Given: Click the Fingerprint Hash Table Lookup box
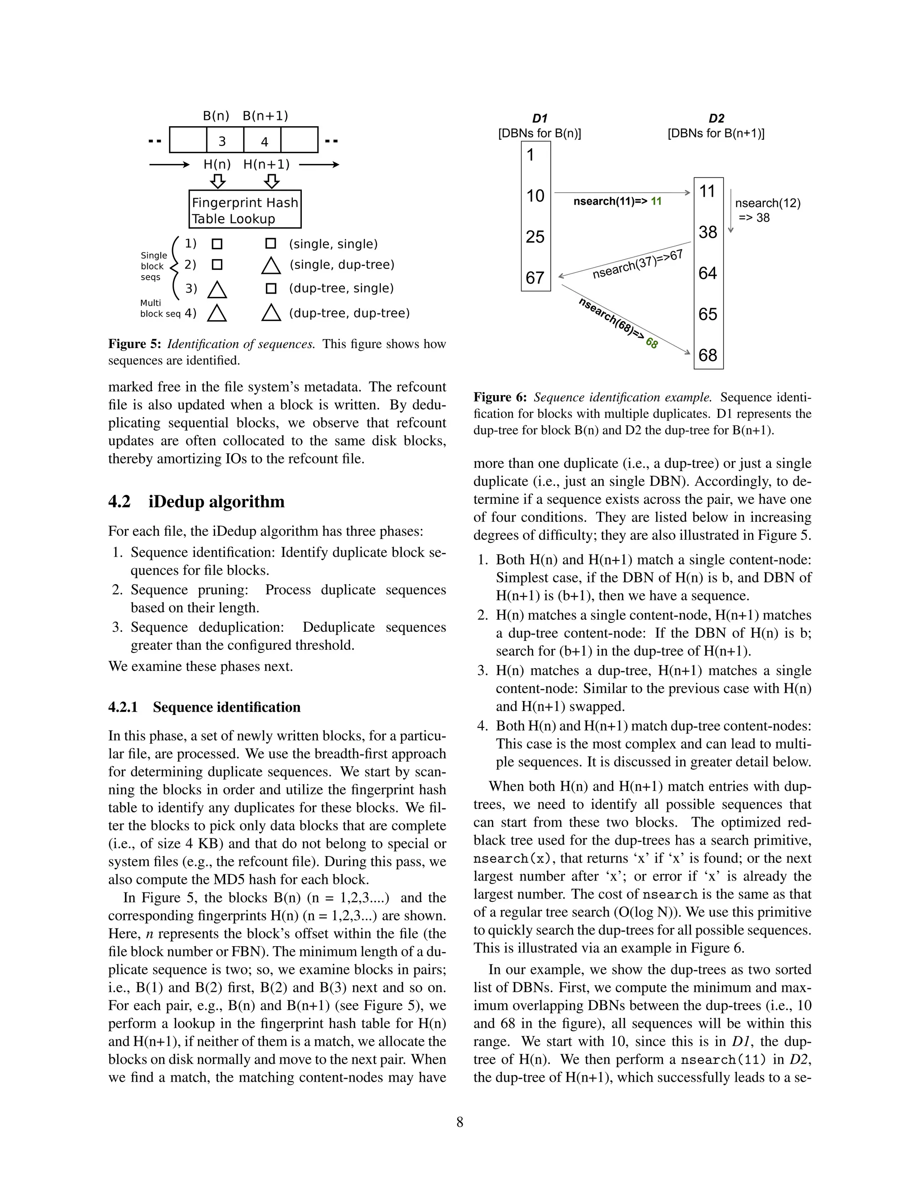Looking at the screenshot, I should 245,210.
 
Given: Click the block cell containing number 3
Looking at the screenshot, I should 222,141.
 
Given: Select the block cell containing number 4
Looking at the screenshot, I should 264,141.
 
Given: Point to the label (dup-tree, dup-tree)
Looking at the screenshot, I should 349,313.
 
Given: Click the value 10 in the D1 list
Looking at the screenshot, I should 535,196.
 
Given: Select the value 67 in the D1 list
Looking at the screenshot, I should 535,278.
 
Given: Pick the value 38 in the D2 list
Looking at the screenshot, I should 708,233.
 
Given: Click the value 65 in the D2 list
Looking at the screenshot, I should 708,314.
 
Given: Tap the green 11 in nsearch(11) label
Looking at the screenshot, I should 656,202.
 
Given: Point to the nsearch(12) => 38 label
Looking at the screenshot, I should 767,210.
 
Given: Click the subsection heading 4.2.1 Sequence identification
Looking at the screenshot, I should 204,707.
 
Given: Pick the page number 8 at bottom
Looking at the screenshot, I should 460,1122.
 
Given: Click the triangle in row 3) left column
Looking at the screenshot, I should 217,289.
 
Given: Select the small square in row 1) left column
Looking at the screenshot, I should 217,244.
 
